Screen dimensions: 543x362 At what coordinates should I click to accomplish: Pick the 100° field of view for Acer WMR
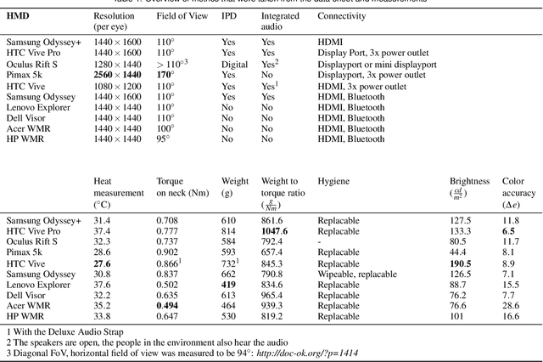tap(165, 127)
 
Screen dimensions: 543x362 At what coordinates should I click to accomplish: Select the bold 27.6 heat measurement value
tap(103, 263)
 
